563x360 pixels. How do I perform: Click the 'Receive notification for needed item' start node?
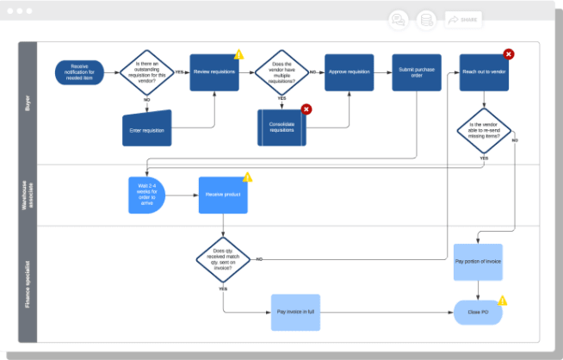[80, 72]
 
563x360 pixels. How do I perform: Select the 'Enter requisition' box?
[146, 128]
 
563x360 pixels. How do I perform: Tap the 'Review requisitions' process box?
[214, 72]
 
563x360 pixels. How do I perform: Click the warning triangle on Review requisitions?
[239, 54]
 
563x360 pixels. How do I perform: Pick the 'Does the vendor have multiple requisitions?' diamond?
[281, 72]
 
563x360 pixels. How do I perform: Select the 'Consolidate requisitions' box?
[281, 127]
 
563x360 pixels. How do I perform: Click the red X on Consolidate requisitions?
[306, 109]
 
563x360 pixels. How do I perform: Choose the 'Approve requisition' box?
[350, 72]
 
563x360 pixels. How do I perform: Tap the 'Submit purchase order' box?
[417, 72]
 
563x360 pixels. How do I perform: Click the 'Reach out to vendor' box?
[484, 72]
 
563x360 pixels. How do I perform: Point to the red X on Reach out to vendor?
[509, 54]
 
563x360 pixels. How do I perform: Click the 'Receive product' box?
[223, 195]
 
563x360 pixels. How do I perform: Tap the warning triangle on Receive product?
[248, 177]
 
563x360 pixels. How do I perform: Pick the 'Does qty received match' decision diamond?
[223, 258]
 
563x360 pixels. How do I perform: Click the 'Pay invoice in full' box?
[296, 312]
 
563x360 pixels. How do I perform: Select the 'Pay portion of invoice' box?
[478, 261]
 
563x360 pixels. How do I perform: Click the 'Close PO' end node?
[478, 313]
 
